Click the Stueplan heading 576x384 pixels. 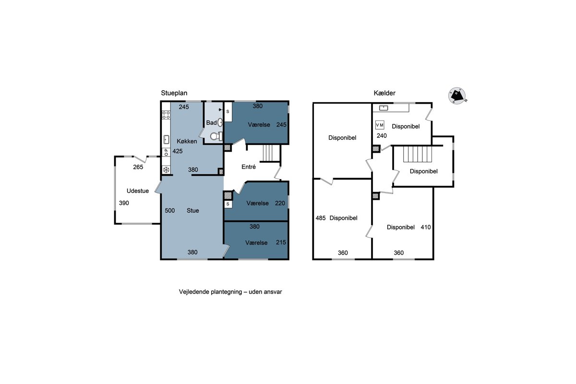pos(174,93)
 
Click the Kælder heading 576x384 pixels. pos(384,93)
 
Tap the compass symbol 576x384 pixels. pos(457,96)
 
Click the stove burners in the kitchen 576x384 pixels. pos(166,115)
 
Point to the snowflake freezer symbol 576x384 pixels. pos(166,170)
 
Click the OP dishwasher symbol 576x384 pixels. pos(166,152)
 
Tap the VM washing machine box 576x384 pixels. pos(380,125)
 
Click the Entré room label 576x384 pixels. pos(249,167)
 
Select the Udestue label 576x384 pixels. pos(138,191)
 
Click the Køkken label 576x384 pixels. pos(187,141)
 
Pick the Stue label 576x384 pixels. pos(192,211)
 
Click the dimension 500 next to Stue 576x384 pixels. pos(170,211)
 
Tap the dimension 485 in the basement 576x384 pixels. pos(321,218)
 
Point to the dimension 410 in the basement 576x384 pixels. pos(426,227)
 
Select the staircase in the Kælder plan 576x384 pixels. pos(417,154)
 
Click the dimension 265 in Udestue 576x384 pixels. pos(138,167)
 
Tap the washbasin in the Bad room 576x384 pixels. pos(220,122)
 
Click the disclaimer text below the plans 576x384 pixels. pos(230,292)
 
